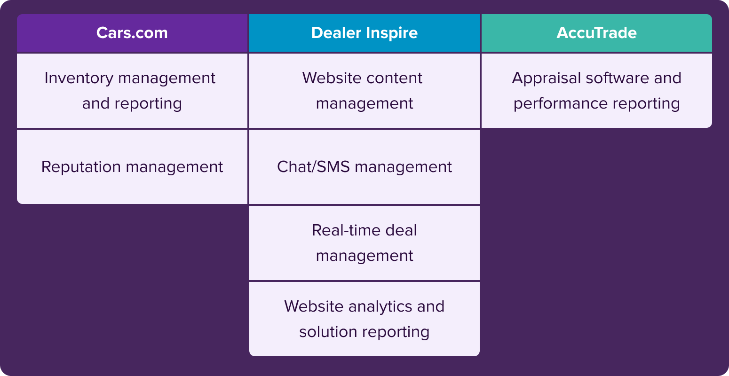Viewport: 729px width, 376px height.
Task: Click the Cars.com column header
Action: [132, 33]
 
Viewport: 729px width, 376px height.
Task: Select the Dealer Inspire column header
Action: [364, 33]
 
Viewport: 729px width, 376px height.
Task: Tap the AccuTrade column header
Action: [596, 33]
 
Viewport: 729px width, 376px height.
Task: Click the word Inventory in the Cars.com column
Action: [79, 78]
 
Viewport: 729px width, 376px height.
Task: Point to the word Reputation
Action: [81, 167]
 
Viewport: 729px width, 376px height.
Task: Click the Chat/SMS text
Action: [313, 166]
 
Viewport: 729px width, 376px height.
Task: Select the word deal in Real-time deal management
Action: [401, 230]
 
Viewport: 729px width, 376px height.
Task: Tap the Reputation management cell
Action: [132, 167]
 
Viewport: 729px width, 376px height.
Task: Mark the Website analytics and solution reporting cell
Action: [364, 319]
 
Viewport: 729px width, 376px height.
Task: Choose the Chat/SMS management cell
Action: [364, 167]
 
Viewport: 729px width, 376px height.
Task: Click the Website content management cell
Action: [364, 91]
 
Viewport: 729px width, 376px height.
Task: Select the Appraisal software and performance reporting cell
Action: [596, 91]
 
